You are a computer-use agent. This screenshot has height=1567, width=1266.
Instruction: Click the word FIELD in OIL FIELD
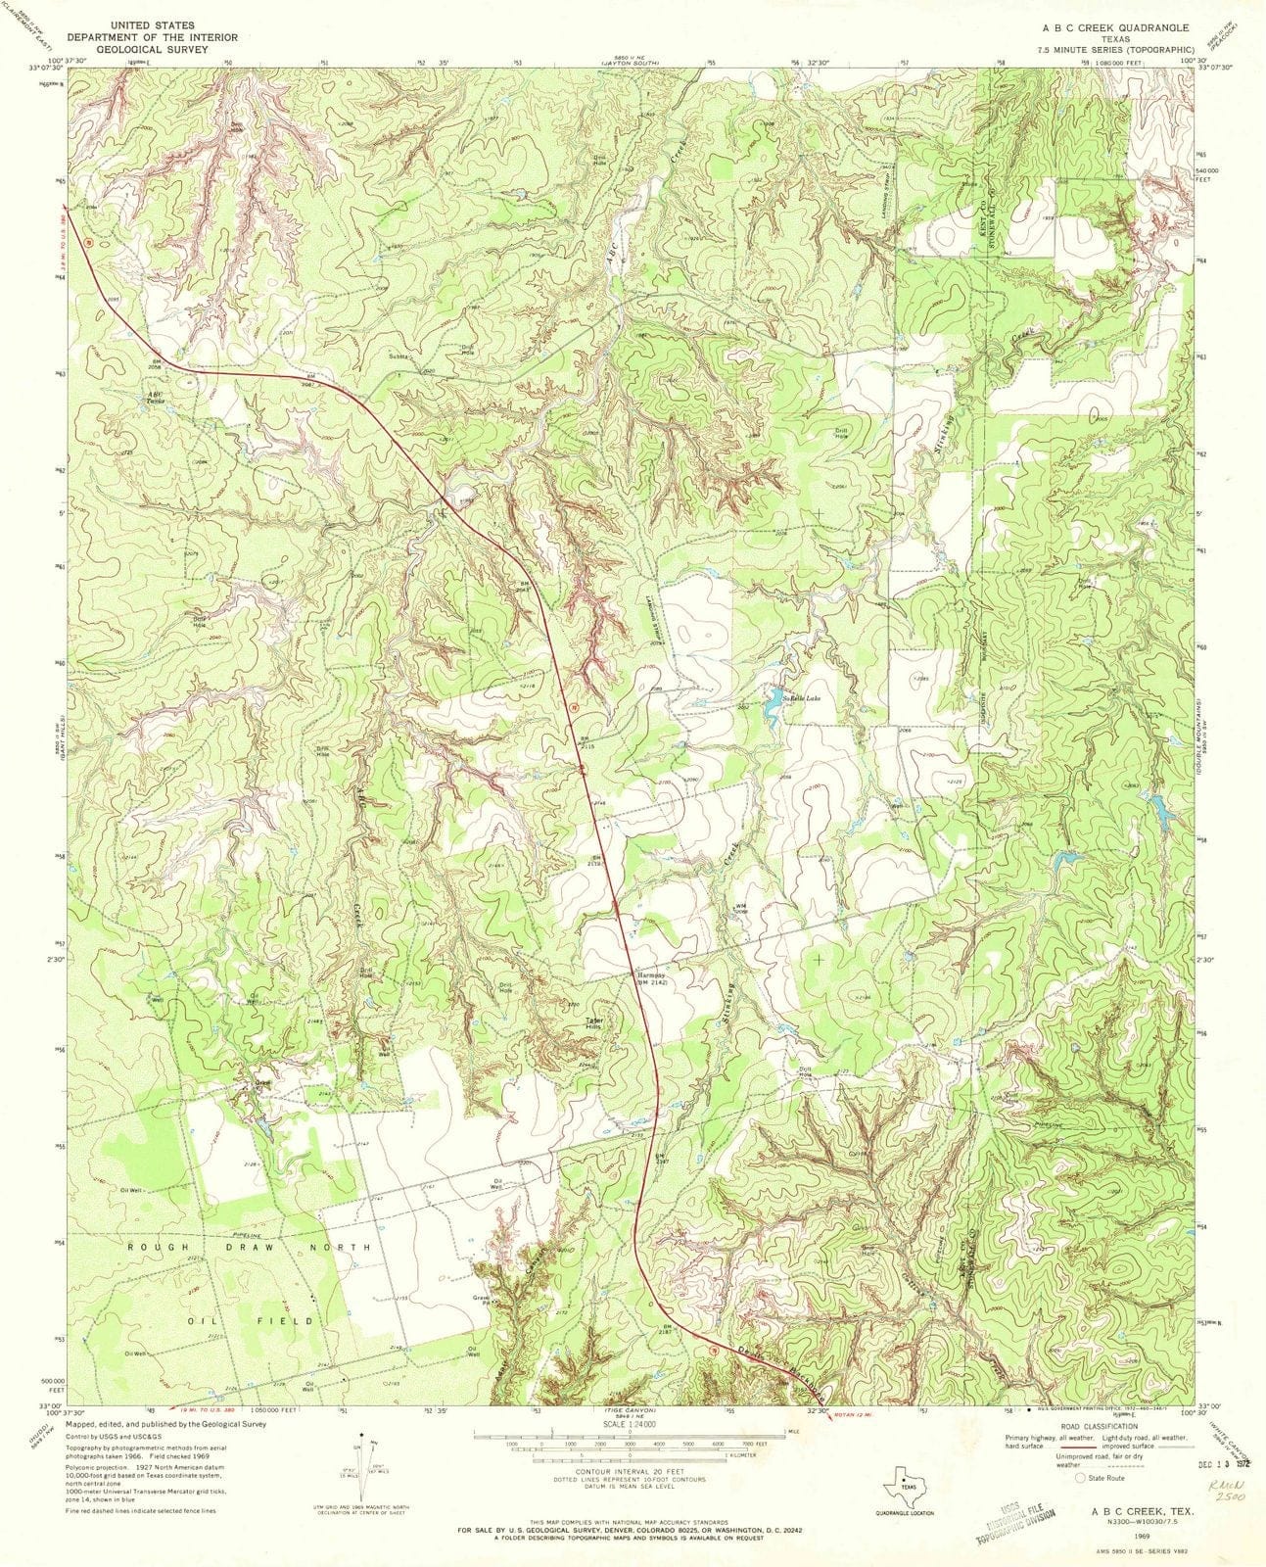point(297,1320)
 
